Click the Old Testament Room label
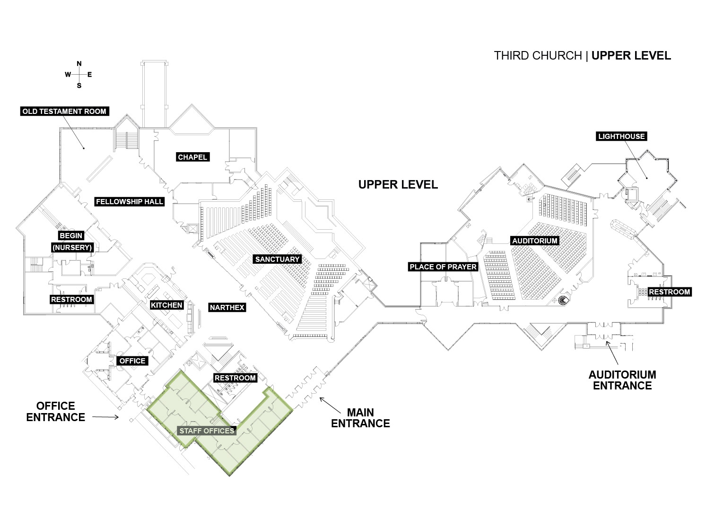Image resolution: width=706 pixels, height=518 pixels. (65, 111)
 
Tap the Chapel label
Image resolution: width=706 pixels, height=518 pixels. (192, 157)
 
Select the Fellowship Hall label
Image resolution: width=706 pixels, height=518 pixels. (130, 202)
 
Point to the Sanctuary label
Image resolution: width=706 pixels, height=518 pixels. (278, 259)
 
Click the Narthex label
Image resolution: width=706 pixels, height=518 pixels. (227, 308)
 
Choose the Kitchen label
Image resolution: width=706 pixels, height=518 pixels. (166, 305)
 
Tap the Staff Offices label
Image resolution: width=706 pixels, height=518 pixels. (207, 431)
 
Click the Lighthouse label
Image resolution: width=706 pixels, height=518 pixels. (621, 137)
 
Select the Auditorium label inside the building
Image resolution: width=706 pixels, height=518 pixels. (535, 241)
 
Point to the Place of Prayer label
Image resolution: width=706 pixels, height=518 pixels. (443, 267)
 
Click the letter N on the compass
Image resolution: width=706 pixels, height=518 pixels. (79, 64)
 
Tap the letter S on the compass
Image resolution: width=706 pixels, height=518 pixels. (79, 86)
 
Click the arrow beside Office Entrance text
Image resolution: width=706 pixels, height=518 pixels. (105, 417)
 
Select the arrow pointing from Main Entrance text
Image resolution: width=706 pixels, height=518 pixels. (330, 405)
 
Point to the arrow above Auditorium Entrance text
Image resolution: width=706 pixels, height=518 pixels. (612, 353)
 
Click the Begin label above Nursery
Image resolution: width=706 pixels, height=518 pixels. (71, 235)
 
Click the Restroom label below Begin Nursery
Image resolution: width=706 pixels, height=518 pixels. (71, 299)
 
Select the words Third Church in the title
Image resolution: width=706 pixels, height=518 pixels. (538, 56)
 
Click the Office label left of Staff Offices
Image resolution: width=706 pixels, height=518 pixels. (132, 361)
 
